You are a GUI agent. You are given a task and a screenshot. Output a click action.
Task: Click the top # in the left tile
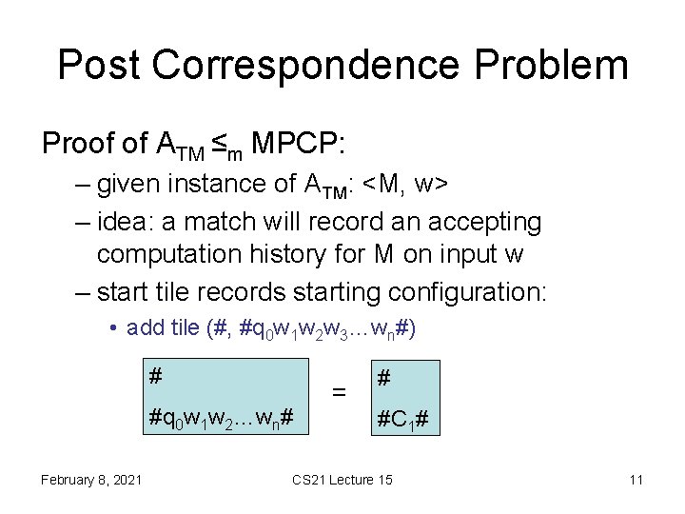(154, 377)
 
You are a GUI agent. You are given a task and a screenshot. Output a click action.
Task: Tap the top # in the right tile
(383, 378)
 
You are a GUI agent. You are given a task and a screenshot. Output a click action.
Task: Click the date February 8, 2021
(91, 479)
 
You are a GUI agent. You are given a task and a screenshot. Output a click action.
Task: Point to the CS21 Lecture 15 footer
(342, 479)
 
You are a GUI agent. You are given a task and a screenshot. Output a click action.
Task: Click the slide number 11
(636, 479)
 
